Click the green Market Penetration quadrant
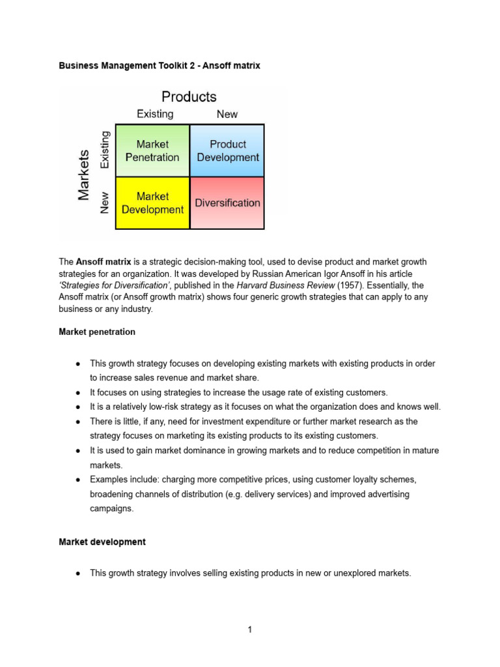(152, 150)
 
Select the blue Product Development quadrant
(227, 150)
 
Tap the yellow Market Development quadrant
(152, 203)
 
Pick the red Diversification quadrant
(227, 203)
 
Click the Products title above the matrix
(189, 97)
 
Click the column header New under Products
(227, 114)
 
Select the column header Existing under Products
(155, 114)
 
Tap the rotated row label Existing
(105, 150)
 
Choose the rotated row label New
(105, 203)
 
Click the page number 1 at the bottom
(249, 629)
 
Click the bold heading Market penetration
(97, 332)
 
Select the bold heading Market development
(102, 542)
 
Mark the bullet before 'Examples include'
(77, 479)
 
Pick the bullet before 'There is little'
(77, 421)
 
